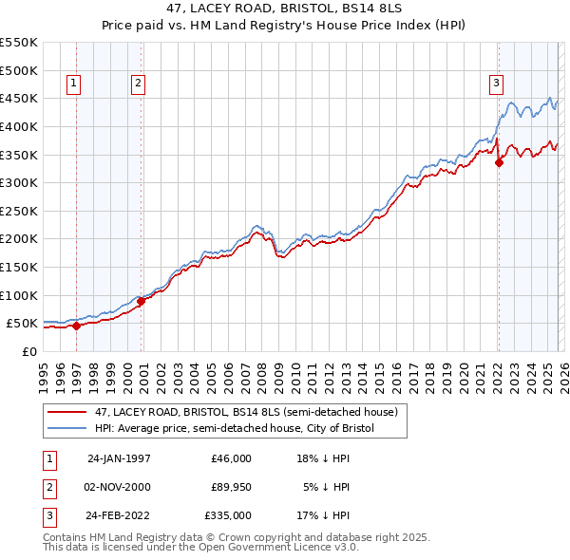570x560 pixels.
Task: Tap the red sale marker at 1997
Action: pyautogui.click(x=77, y=326)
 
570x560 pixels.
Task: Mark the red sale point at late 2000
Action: pyautogui.click(x=141, y=301)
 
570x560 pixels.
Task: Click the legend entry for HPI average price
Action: pyautogui.click(x=235, y=428)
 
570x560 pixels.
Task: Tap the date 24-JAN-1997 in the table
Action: pyautogui.click(x=119, y=458)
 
